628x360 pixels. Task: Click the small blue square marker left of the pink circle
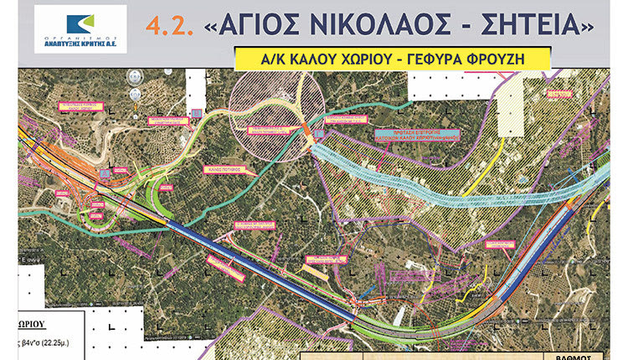[197, 112]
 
